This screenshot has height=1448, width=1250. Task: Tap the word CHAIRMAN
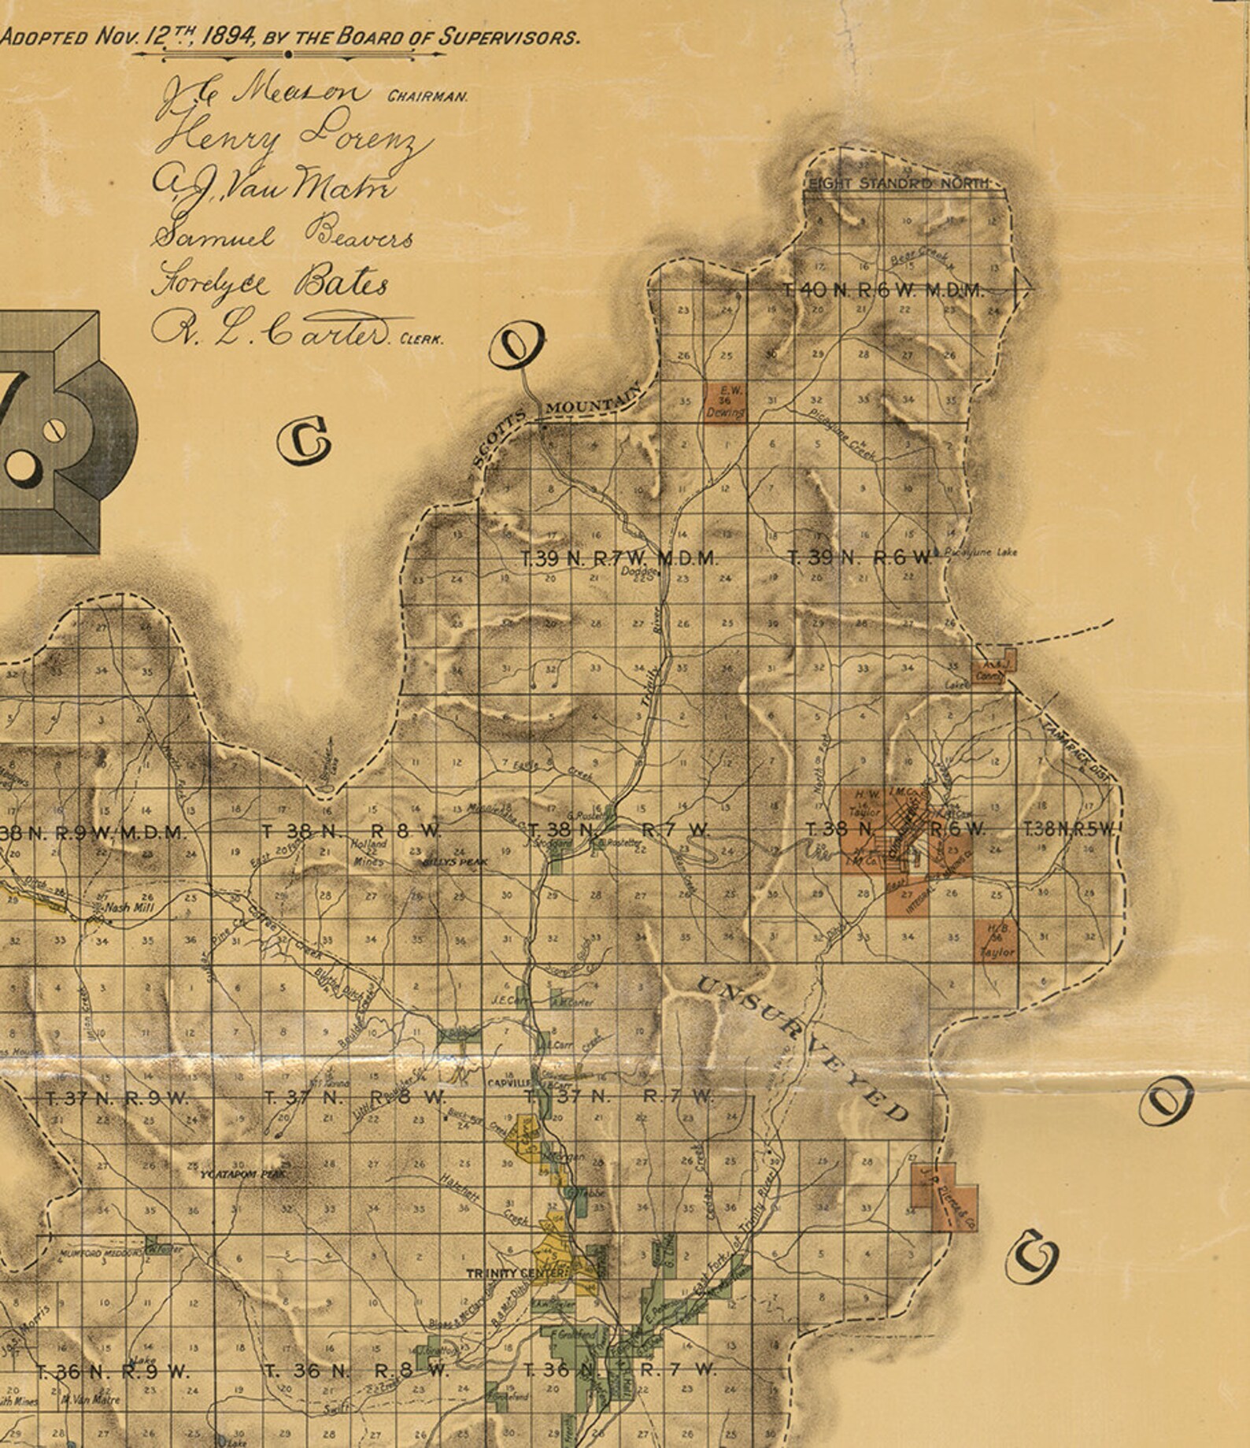(x=427, y=98)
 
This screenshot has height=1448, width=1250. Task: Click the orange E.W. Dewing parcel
(x=725, y=402)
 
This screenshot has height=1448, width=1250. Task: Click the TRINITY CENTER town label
(x=516, y=1273)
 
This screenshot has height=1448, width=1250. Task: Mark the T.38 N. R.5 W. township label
(x=1069, y=828)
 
